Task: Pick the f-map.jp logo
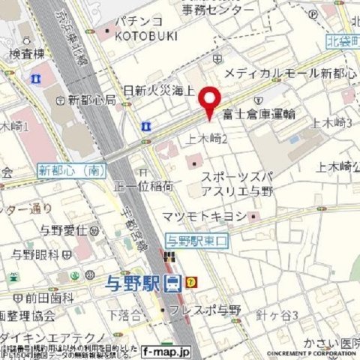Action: (x=166, y=350)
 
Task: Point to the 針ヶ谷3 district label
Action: (x=277, y=314)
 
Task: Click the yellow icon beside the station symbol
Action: (x=192, y=283)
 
